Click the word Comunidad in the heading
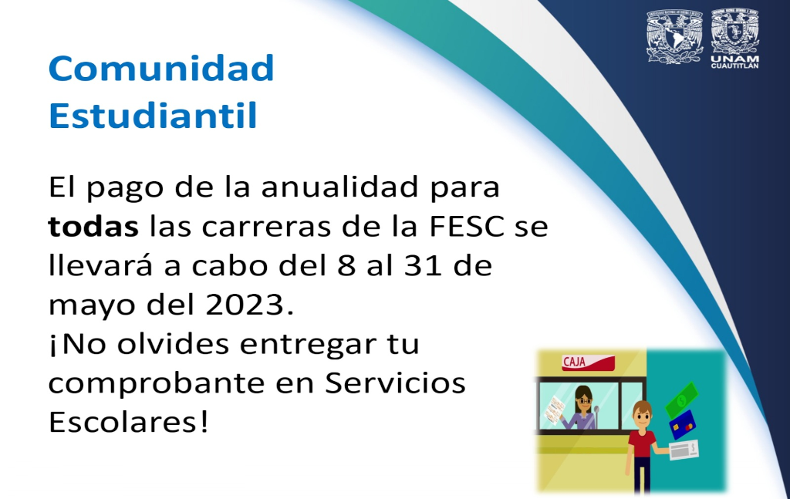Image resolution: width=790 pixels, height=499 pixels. click(x=161, y=68)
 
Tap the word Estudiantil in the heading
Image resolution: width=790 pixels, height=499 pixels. click(x=154, y=116)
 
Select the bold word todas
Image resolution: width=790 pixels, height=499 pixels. click(x=93, y=227)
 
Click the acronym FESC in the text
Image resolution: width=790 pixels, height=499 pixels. click(x=467, y=227)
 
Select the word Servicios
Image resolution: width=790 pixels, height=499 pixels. click(x=395, y=383)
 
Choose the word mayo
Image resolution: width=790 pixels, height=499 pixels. click(x=93, y=307)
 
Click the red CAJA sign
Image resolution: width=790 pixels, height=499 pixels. click(x=588, y=362)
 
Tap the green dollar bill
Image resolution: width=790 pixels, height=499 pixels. click(x=682, y=400)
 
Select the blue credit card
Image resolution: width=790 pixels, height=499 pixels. click(x=683, y=424)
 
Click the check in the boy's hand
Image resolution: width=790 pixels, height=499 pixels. click(x=684, y=450)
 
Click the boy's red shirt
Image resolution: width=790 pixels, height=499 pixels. click(x=642, y=443)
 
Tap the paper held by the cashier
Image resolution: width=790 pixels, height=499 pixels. click(x=555, y=410)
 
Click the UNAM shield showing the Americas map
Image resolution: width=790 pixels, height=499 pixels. click(x=674, y=37)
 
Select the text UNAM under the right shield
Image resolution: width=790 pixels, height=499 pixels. click(x=734, y=59)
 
